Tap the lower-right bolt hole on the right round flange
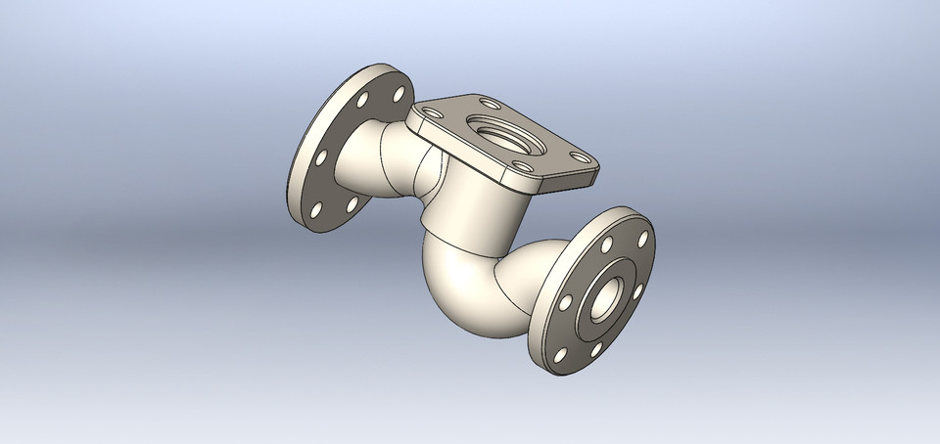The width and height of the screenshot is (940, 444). coord(594,347)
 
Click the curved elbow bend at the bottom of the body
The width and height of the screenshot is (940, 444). coord(460,293)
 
